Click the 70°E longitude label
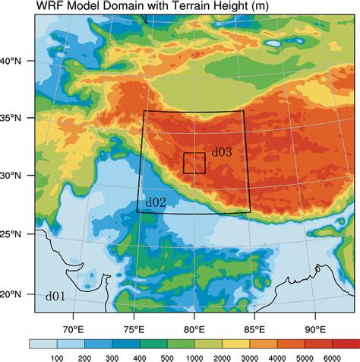tap(72, 329)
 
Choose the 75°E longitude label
tap(133, 329)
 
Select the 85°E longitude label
tap(254, 329)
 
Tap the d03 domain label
tap(221, 152)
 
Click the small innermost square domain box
tap(194, 163)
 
